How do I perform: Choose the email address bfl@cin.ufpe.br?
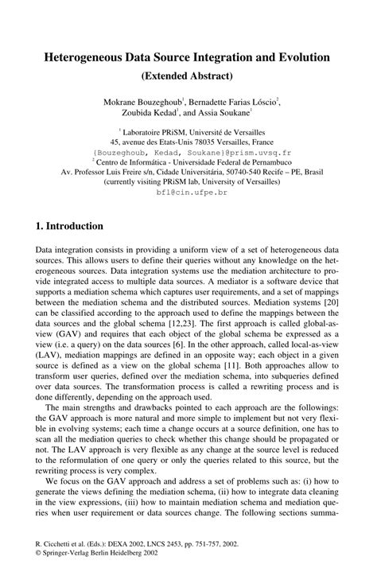click(188, 193)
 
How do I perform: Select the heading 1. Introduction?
click(70, 226)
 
